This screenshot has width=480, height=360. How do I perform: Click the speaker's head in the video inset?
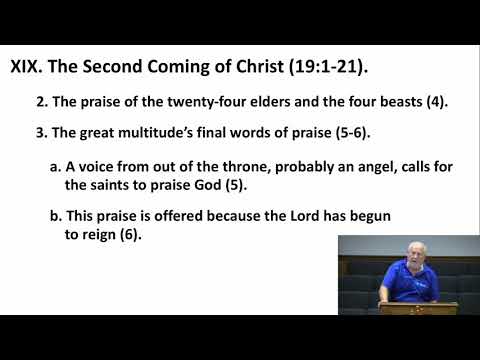click(x=412, y=249)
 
